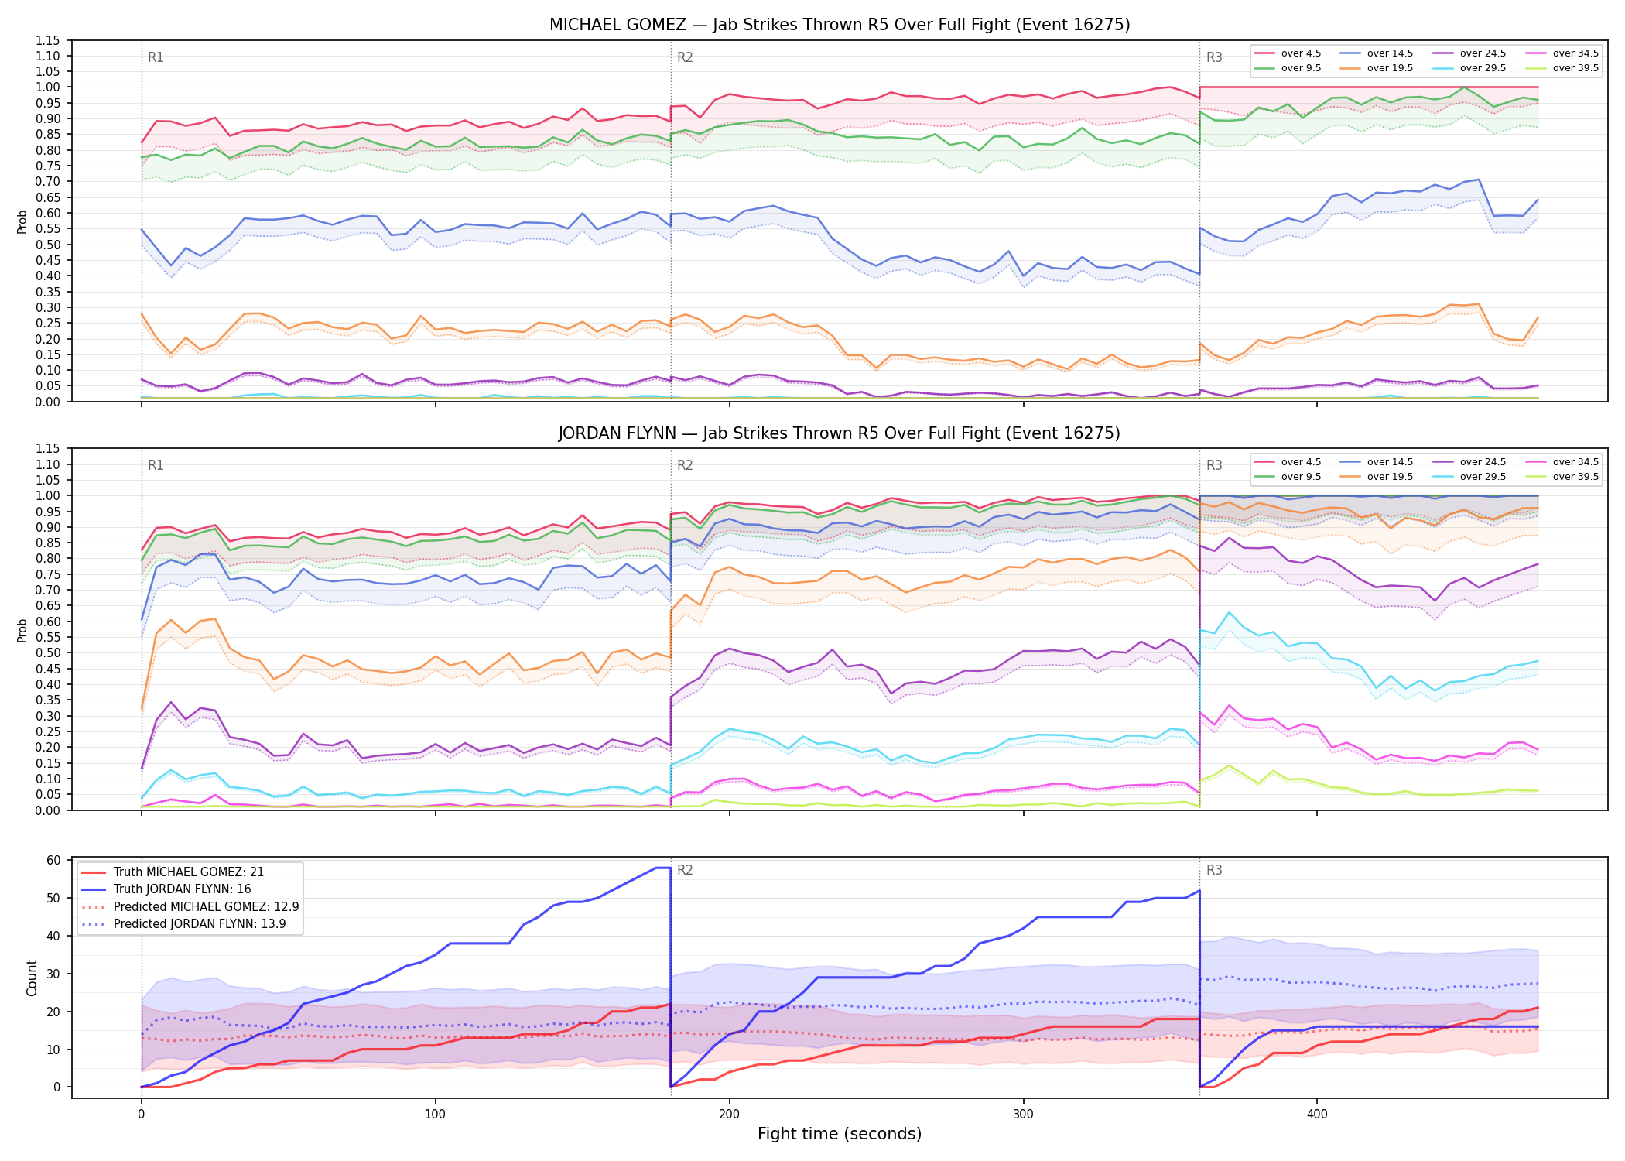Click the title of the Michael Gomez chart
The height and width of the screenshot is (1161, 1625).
coord(840,25)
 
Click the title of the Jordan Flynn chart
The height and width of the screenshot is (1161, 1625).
coord(840,433)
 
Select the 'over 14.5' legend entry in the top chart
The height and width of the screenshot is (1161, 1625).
coord(1377,53)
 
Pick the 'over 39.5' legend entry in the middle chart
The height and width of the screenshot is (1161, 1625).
coord(1562,477)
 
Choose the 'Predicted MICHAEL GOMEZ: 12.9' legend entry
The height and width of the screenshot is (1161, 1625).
coord(190,906)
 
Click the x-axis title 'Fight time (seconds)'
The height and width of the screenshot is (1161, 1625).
coord(840,1134)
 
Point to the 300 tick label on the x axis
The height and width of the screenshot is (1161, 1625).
coord(1023,1115)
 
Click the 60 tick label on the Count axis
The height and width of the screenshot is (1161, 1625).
coord(53,861)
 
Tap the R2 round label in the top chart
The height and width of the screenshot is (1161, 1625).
coord(685,57)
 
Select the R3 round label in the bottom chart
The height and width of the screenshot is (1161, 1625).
coord(1214,870)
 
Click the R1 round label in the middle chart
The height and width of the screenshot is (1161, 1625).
coord(156,465)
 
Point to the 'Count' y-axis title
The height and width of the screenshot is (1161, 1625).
coord(32,978)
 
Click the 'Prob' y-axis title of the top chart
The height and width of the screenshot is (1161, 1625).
coord(22,221)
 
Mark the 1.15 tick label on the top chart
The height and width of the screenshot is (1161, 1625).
coord(48,40)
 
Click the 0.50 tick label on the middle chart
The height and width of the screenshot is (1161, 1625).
coord(48,652)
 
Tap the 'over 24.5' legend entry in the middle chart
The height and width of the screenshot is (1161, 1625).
coord(1469,462)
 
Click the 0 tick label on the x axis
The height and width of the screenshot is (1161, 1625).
coord(141,1115)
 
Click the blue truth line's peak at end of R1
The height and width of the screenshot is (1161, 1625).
coord(670,868)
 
